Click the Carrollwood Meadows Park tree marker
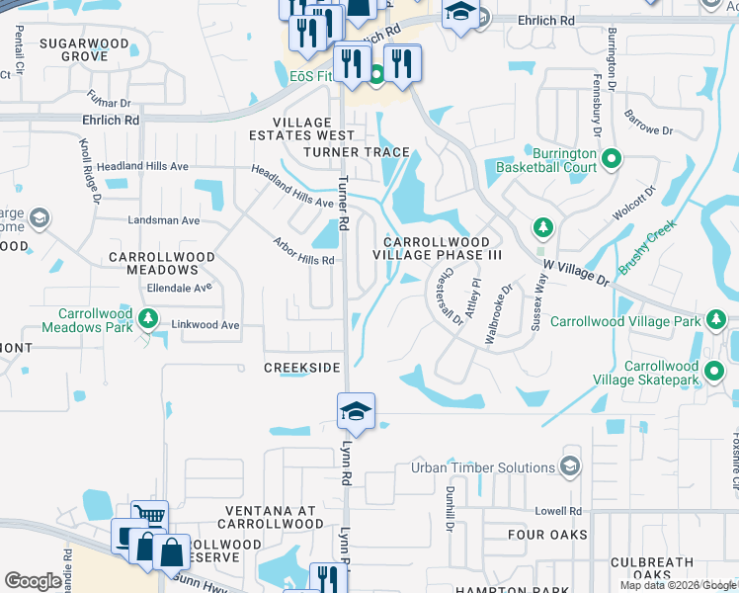pyautogui.click(x=147, y=318)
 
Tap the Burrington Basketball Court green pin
pyautogui.click(x=611, y=158)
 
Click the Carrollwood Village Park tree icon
pyautogui.click(x=714, y=319)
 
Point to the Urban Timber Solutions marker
pyautogui.click(x=569, y=466)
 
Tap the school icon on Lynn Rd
pyautogui.click(x=356, y=412)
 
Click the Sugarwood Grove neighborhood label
pyautogui.click(x=74, y=50)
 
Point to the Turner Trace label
pyautogui.click(x=357, y=151)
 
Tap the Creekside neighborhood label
pyautogui.click(x=301, y=368)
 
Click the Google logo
pyautogui.click(x=33, y=581)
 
